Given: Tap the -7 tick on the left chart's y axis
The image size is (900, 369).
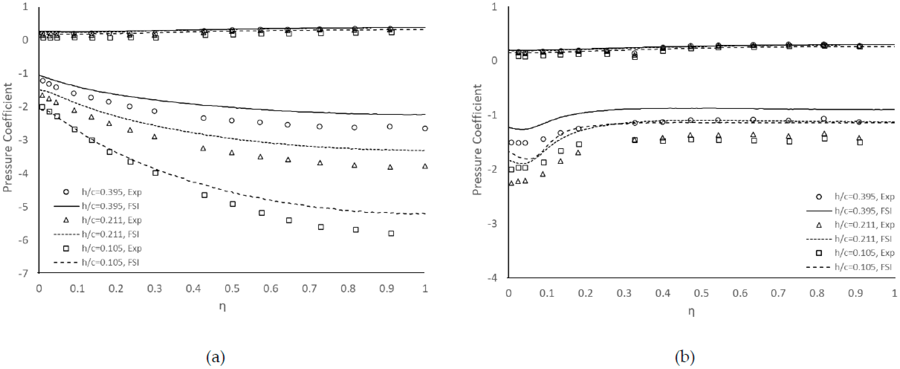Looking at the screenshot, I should click(23, 273).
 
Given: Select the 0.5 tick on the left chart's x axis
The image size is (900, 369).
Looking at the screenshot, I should click(232, 289).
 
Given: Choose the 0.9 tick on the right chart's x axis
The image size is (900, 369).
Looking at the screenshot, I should click(856, 293).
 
